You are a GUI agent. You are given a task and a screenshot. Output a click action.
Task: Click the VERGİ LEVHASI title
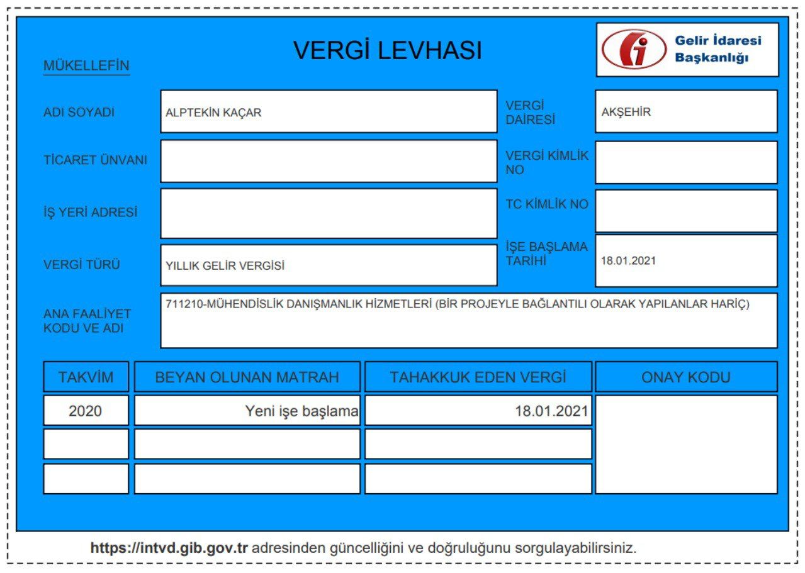(387, 51)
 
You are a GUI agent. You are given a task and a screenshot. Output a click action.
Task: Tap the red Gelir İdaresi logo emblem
(633, 49)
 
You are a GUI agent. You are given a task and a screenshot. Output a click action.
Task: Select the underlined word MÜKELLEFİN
(86, 65)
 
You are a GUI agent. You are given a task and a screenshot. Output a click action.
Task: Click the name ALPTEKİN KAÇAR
(213, 113)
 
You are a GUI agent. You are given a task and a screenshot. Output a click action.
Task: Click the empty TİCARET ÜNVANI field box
(329, 161)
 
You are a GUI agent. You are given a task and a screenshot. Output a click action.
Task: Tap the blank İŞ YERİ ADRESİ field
(329, 213)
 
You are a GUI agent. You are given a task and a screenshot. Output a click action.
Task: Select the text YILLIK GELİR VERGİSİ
(225, 266)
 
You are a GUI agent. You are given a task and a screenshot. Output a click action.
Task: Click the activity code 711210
(183, 304)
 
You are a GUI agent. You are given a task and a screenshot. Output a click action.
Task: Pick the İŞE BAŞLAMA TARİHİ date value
(628, 260)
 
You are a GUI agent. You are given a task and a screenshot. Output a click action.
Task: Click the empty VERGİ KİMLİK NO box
(686, 162)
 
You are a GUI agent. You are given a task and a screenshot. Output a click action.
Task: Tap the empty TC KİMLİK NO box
(686, 211)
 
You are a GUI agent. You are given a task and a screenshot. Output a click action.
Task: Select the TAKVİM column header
(86, 377)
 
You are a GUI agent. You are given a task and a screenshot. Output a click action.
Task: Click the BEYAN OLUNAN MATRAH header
(247, 377)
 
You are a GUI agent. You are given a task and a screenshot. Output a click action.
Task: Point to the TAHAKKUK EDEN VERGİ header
(478, 377)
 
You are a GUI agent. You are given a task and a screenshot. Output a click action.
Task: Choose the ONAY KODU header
(686, 377)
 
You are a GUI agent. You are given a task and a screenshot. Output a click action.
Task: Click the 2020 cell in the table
(86, 412)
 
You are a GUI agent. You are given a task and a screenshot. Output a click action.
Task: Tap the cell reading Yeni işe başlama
(301, 412)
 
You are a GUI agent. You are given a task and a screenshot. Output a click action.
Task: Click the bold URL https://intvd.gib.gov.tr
(170, 547)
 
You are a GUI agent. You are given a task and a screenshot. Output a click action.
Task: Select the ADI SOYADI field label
(79, 113)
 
